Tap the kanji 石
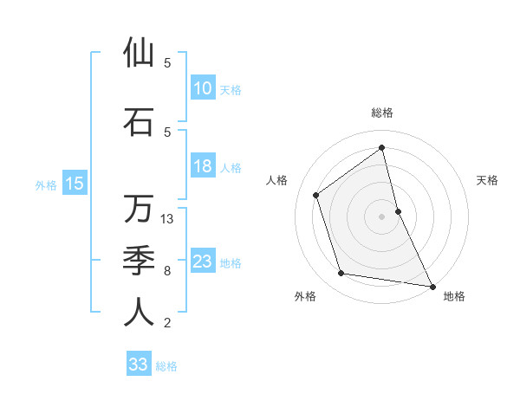pyautogui.click(x=139, y=121)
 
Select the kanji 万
pyautogui.click(x=139, y=209)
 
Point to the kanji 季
pyautogui.click(x=139, y=260)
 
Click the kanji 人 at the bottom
pyautogui.click(x=139, y=313)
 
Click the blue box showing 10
pyautogui.click(x=202, y=87)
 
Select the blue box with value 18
pyautogui.click(x=202, y=166)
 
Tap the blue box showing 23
pyautogui.click(x=202, y=262)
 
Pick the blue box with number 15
pyautogui.click(x=75, y=183)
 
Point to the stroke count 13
pyautogui.click(x=168, y=219)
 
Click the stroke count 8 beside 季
pyautogui.click(x=167, y=271)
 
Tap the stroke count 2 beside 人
pyautogui.click(x=167, y=323)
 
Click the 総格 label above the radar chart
pyautogui.click(x=382, y=113)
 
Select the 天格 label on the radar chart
pyautogui.click(x=488, y=180)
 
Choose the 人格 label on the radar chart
pyautogui.click(x=276, y=180)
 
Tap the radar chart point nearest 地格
pyautogui.click(x=432, y=286)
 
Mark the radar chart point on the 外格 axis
pyautogui.click(x=341, y=274)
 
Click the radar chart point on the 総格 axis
pyautogui.click(x=382, y=147)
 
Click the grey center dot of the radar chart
pyautogui.click(x=382, y=216)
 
